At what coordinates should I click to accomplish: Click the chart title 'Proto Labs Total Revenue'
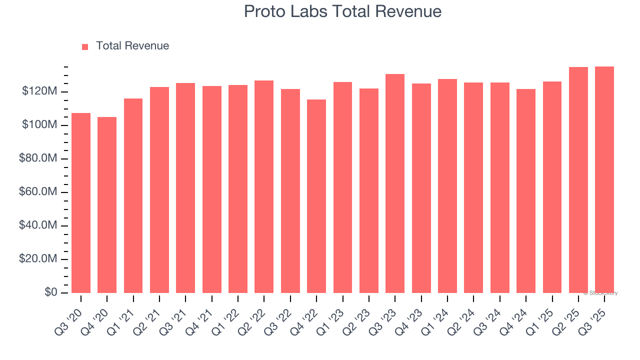tap(342, 11)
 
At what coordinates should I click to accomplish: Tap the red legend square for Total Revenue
tap(85, 46)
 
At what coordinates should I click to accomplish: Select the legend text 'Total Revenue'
tap(132, 46)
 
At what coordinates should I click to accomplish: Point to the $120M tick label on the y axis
tap(39, 91)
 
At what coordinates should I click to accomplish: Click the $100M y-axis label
tap(39, 125)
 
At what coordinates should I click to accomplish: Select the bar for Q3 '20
tap(81, 202)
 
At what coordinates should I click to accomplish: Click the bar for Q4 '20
tap(107, 205)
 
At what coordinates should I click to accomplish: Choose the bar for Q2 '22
tap(264, 186)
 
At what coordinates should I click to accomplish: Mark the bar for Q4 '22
tap(316, 196)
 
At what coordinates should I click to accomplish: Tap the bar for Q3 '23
tap(395, 183)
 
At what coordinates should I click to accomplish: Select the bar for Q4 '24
tap(525, 191)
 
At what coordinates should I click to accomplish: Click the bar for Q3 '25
tap(604, 179)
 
